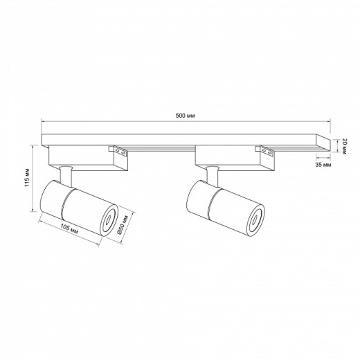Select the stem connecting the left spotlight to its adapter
tap(64, 173)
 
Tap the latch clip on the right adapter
tap(265, 150)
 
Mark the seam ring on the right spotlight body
tap(210, 203)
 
